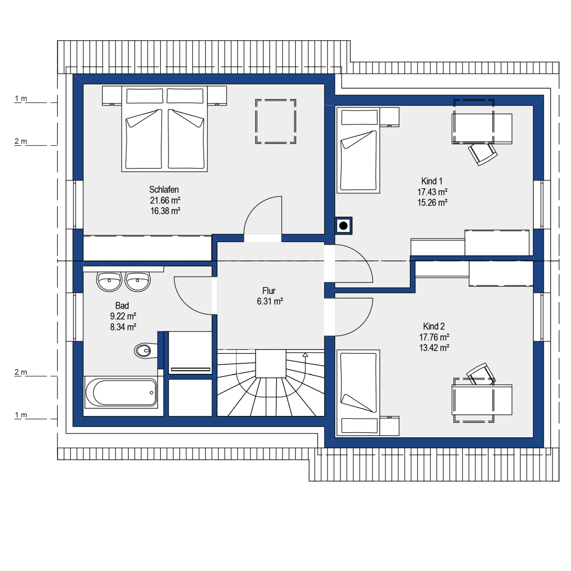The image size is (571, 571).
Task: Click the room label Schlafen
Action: click(164, 189)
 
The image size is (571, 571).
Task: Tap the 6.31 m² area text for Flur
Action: click(270, 301)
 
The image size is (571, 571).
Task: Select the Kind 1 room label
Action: click(432, 181)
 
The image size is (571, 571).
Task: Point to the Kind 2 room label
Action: click(434, 326)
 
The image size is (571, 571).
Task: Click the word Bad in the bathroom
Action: click(122, 306)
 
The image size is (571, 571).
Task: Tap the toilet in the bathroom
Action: click(146, 351)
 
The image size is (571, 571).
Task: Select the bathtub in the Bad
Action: click(121, 393)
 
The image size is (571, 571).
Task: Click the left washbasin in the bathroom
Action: click(109, 282)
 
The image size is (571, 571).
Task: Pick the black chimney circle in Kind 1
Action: click(343, 226)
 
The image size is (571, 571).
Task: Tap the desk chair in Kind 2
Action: click(481, 374)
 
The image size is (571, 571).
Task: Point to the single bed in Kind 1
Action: click(358, 150)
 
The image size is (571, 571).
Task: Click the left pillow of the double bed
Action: click(145, 96)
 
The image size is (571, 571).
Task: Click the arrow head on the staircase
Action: click(305, 355)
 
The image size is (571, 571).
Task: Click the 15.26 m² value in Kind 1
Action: click(432, 203)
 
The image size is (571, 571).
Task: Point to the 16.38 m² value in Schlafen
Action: click(165, 211)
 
